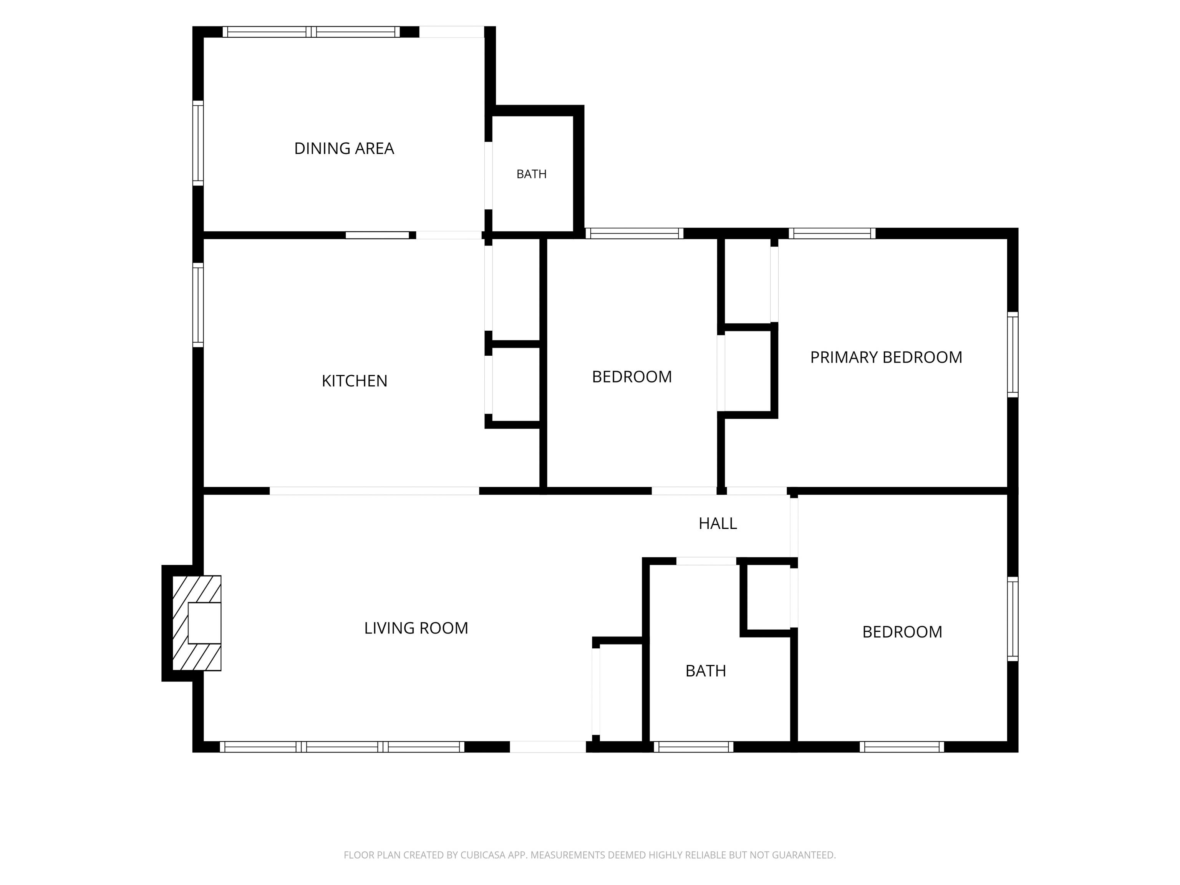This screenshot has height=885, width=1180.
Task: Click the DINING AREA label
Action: [344, 148]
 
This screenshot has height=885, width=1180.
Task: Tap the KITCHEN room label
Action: [354, 381]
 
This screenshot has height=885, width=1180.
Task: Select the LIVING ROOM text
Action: [416, 628]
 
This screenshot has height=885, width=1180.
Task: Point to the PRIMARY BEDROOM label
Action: [886, 357]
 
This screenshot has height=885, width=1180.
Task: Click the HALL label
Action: [718, 523]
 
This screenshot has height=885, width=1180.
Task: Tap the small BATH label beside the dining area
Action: [531, 174]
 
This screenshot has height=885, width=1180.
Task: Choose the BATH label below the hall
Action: [706, 671]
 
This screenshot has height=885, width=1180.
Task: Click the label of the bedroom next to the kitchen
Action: [631, 376]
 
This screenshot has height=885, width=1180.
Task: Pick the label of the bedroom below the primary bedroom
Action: [902, 631]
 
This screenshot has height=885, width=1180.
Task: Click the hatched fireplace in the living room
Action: [196, 623]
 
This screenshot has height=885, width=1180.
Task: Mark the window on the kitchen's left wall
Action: [198, 305]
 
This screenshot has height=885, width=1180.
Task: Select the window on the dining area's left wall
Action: [198, 143]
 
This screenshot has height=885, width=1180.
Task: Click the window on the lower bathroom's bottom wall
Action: [693, 747]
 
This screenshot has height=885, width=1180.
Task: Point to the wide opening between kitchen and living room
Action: [374, 491]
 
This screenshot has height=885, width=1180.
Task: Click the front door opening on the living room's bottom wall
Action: [548, 747]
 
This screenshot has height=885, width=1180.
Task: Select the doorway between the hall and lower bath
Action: [706, 561]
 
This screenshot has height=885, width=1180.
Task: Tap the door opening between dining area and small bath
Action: [488, 176]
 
